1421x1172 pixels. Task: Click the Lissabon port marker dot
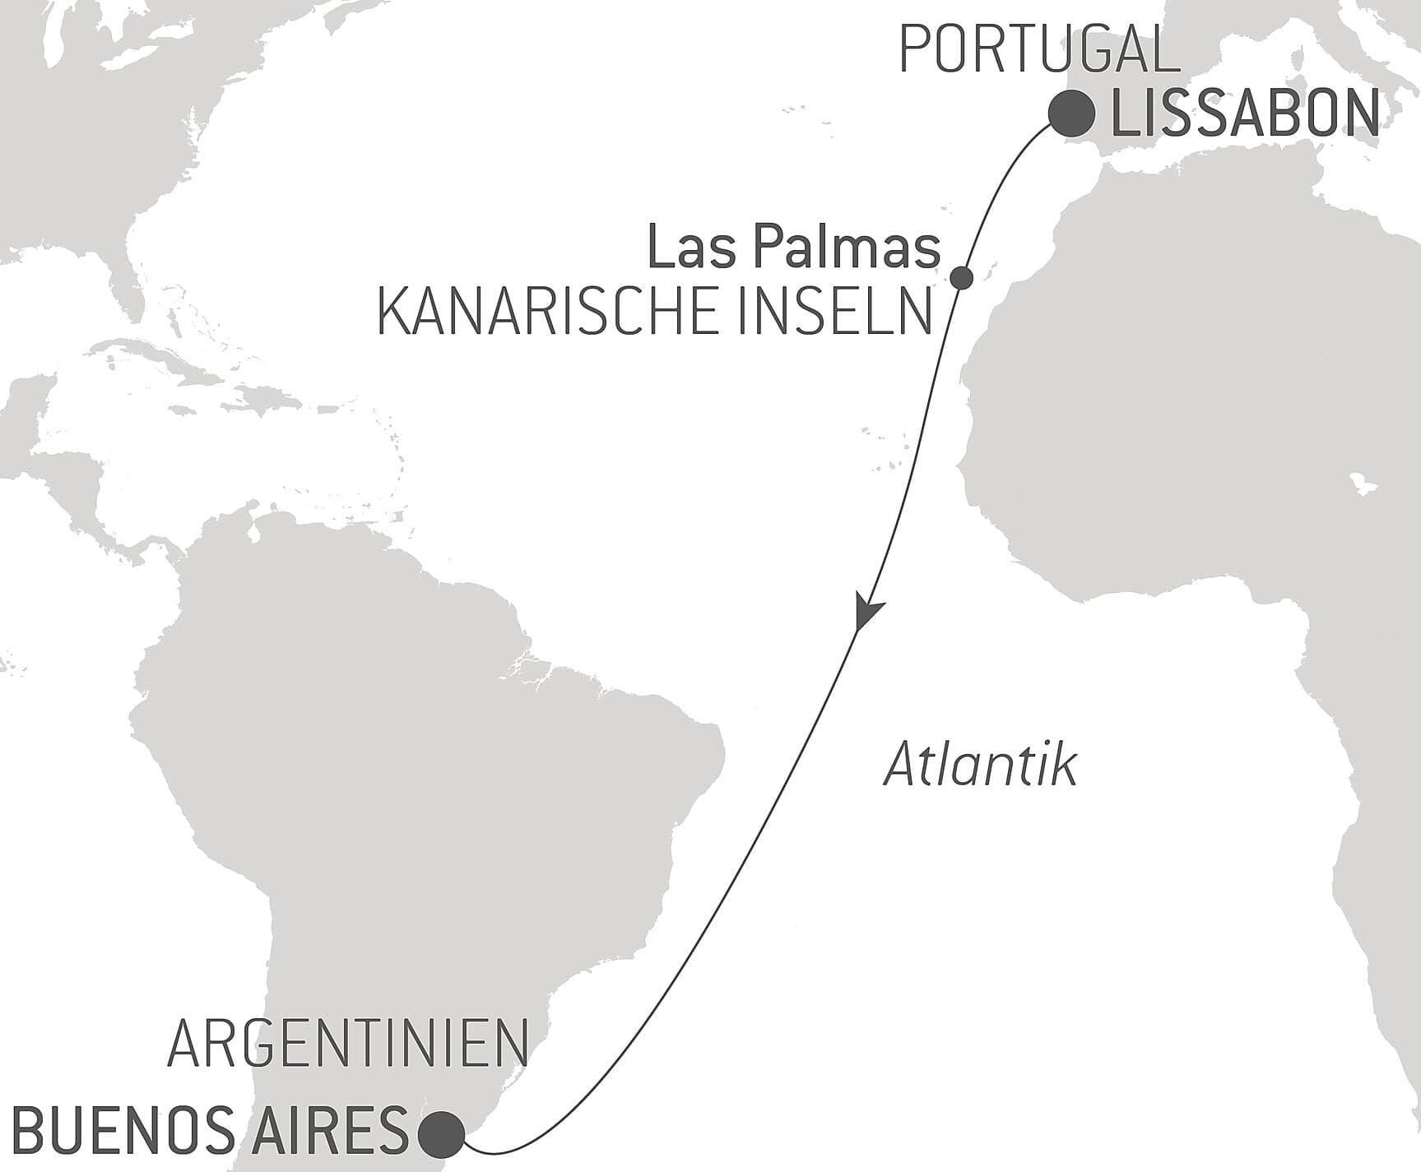tap(1071, 114)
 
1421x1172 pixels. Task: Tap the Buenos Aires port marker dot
tap(441, 1133)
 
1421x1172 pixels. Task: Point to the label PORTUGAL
tap(1038, 50)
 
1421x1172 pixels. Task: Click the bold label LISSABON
tap(1245, 115)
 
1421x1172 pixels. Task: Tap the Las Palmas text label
tap(793, 247)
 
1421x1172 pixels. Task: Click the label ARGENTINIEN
tap(347, 1043)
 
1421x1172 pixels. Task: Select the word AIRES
tap(341, 1131)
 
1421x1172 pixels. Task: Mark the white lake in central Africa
tap(1362, 484)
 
